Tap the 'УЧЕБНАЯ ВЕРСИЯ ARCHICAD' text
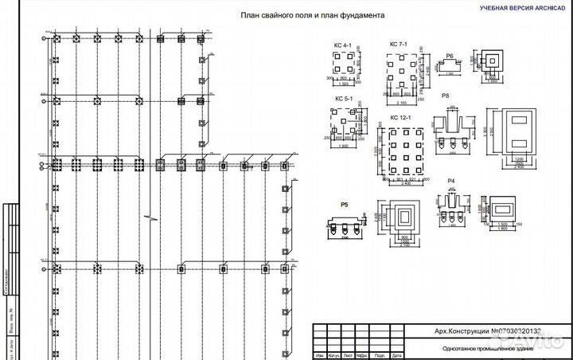pyautogui.click(x=521, y=6)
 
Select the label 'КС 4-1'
pyautogui.click(x=342, y=46)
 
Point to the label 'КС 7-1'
pyautogui.click(x=398, y=45)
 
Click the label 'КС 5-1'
pyautogui.click(x=344, y=98)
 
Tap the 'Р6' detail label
pyautogui.click(x=449, y=56)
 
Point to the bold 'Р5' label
pyautogui.click(x=345, y=205)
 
